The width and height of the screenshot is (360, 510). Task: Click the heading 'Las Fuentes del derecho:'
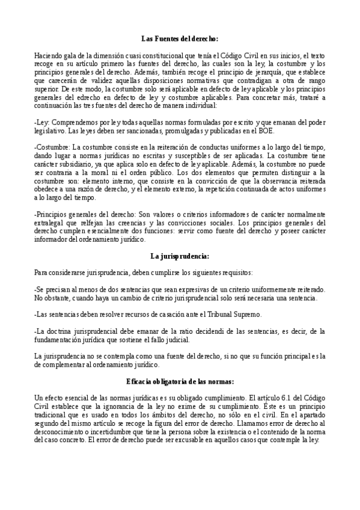[x=180, y=37]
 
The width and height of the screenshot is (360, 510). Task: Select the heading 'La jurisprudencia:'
[x=180, y=256]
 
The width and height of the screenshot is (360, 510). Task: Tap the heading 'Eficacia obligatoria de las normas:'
[x=180, y=382]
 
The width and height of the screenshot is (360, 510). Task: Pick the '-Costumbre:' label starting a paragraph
[x=52, y=147]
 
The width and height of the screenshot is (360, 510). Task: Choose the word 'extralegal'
[x=50, y=223]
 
